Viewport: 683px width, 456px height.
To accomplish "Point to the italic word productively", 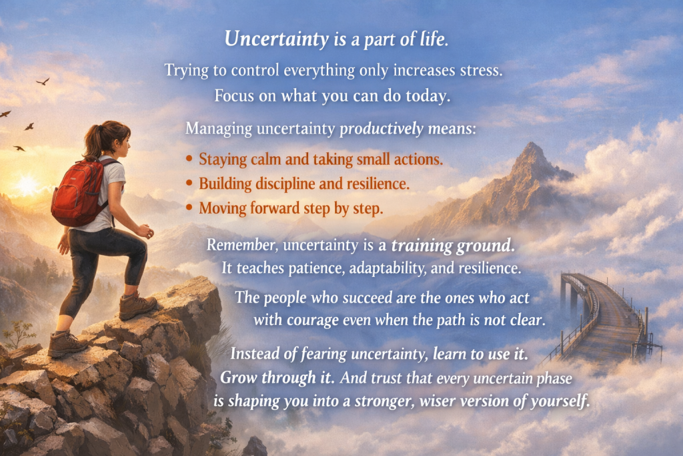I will point(382,128).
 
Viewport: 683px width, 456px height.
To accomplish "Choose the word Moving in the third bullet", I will point(222,208).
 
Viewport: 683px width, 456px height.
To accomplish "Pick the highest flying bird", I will point(43,81).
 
